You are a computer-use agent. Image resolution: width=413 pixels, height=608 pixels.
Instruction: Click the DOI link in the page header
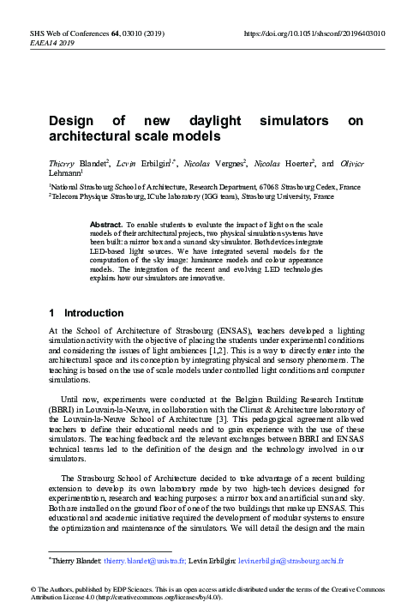[314, 34]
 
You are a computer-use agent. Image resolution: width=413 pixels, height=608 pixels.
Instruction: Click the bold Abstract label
[106, 223]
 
